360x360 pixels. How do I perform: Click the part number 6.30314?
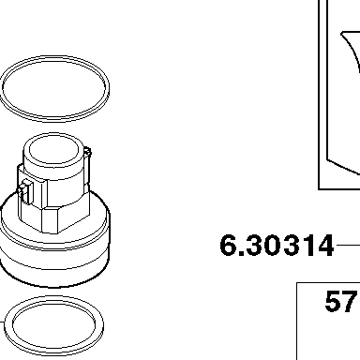point(277,246)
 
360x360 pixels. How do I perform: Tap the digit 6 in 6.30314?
point(229,246)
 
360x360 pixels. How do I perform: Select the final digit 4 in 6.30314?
point(325,246)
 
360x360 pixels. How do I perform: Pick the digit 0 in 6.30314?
point(274,246)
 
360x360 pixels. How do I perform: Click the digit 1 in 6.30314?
point(307,246)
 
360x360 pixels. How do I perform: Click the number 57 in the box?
point(340,301)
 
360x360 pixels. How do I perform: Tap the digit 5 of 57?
point(333,301)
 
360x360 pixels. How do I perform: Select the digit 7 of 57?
point(349,301)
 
